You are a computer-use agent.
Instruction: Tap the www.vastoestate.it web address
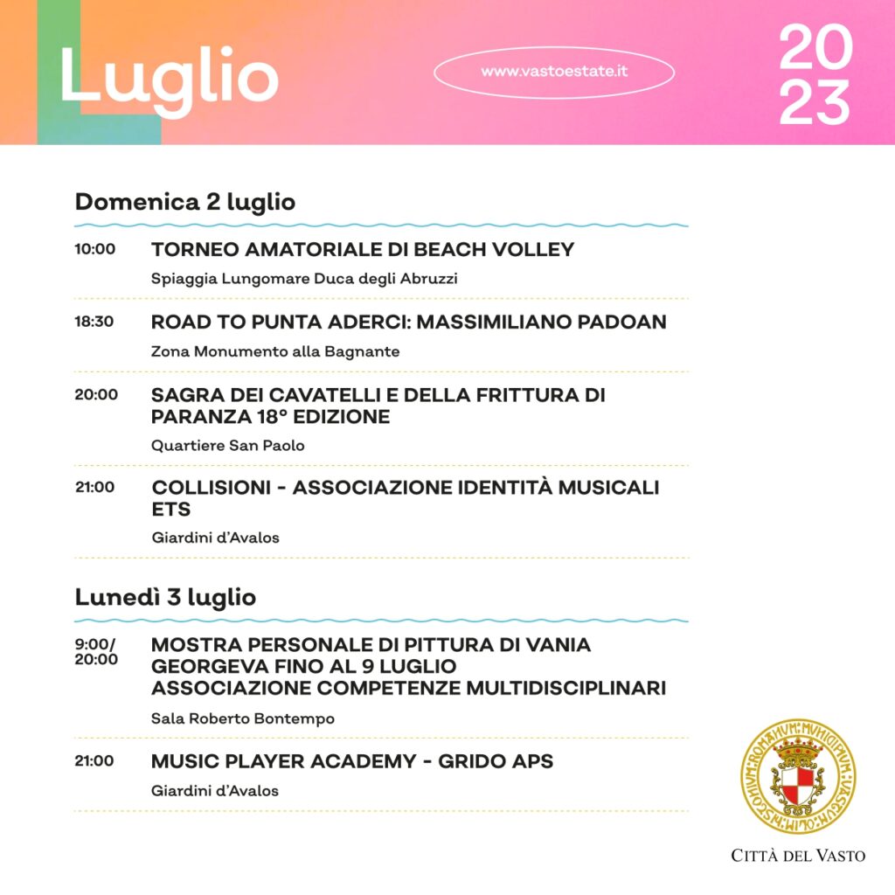pyautogui.click(x=554, y=72)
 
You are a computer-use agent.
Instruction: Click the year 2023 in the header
pyautogui.click(x=815, y=75)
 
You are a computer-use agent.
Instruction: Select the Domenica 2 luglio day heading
pyautogui.click(x=185, y=202)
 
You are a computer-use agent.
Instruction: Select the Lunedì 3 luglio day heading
pyautogui.click(x=165, y=598)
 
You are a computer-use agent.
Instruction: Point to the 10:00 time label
pyautogui.click(x=94, y=249)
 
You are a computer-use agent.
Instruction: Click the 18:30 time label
pyautogui.click(x=94, y=322)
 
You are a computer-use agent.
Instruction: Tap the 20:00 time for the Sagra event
pyautogui.click(x=96, y=394)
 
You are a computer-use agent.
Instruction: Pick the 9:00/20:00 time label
pyautogui.click(x=96, y=652)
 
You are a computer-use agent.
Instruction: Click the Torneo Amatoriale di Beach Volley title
pyautogui.click(x=363, y=250)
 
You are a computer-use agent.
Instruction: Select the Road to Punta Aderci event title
pyautogui.click(x=408, y=322)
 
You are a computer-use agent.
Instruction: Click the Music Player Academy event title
pyautogui.click(x=352, y=761)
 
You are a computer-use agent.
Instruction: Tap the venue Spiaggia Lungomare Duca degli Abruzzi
pyautogui.click(x=304, y=279)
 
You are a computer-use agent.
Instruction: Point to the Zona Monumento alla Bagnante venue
pyautogui.click(x=275, y=351)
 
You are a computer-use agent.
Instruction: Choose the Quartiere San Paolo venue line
pyautogui.click(x=228, y=446)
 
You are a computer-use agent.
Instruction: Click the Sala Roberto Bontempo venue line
pyautogui.click(x=243, y=718)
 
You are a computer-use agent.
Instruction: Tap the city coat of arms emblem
pyautogui.click(x=798, y=776)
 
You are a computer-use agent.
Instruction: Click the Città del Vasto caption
pyautogui.click(x=798, y=856)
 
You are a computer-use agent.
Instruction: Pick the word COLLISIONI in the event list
pyautogui.click(x=215, y=488)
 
